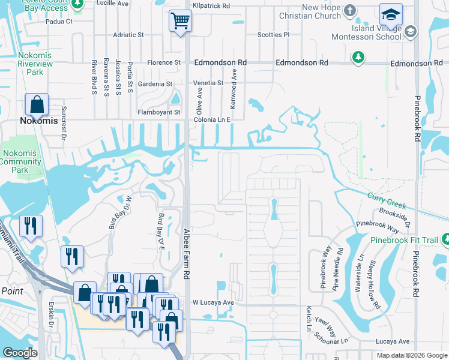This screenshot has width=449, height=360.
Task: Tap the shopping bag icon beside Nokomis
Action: click(37, 104)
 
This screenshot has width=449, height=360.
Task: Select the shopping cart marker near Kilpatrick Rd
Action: click(180, 22)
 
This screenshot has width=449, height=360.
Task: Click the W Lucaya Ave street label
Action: click(212, 302)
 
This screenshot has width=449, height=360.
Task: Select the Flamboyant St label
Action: click(159, 112)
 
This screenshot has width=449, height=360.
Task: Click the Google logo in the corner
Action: click(20, 353)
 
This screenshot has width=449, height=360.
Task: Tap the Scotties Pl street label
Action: click(274, 35)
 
